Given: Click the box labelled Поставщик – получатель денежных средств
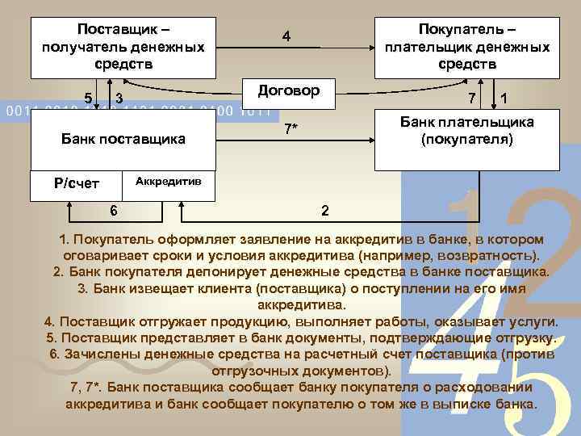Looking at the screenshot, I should [x=123, y=45].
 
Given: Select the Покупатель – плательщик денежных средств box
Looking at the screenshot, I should [x=467, y=45].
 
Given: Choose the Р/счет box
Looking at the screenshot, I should [x=77, y=182].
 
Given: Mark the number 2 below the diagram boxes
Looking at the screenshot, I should [x=324, y=211].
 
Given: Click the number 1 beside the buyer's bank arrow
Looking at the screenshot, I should [x=504, y=99].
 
